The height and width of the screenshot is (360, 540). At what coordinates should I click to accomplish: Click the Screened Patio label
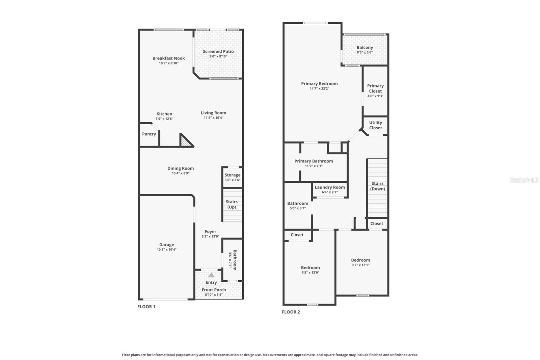[x=218, y=51]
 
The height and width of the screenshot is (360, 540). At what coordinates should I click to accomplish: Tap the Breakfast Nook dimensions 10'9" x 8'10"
[x=169, y=63]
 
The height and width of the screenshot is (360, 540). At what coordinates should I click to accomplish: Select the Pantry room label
[x=149, y=134]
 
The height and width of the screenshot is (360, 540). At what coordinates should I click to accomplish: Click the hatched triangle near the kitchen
[x=185, y=142]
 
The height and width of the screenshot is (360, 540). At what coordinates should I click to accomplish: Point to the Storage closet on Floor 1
[x=232, y=177]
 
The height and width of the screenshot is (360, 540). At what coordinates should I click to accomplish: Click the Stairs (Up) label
[x=232, y=204]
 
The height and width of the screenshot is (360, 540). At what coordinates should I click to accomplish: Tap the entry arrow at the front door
[x=211, y=275]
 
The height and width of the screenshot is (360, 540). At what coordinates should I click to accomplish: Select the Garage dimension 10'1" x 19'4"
[x=167, y=250]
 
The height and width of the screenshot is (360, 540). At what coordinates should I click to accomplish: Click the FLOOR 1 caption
[x=146, y=307]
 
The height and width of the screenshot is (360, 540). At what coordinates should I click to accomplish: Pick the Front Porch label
[x=214, y=290]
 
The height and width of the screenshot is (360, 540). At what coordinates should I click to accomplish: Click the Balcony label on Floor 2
[x=364, y=48]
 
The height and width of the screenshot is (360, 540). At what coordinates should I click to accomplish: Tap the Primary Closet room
[x=375, y=91]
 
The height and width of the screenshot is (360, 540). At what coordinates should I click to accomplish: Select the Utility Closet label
[x=375, y=125]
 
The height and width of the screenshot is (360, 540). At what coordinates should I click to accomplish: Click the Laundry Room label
[x=330, y=187]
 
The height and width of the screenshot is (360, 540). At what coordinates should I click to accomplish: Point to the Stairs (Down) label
[x=377, y=186]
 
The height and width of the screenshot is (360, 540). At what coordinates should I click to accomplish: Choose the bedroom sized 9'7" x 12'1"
[x=360, y=262]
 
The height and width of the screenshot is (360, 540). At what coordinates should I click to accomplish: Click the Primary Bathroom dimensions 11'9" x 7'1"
[x=314, y=166]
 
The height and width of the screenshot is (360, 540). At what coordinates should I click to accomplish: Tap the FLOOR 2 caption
[x=291, y=312]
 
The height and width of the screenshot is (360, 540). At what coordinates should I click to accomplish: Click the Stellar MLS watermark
[x=524, y=180]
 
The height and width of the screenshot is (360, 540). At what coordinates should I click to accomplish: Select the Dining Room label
[x=181, y=168]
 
